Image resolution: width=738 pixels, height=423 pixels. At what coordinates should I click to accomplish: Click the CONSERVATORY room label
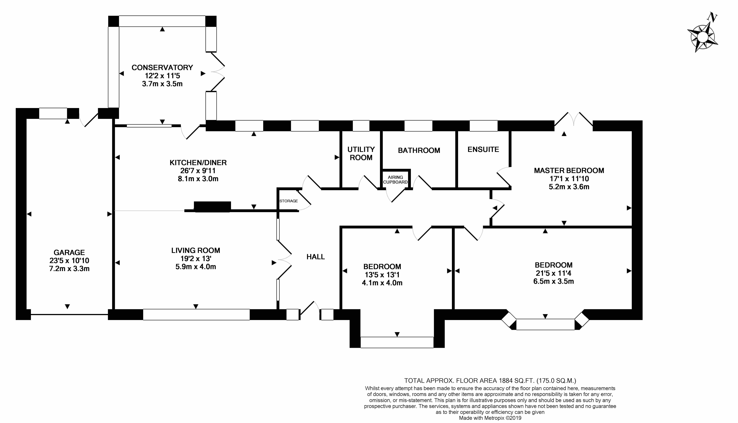(x=162, y=67)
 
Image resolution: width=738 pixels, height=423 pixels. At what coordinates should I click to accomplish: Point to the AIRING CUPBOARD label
(x=395, y=179)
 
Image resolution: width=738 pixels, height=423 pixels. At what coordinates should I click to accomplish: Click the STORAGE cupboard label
(x=288, y=201)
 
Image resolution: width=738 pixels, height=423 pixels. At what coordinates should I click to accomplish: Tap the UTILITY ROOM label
(x=361, y=153)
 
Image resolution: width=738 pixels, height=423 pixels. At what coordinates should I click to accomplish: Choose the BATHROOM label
(x=419, y=150)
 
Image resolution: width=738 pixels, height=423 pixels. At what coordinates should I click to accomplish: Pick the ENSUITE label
(x=483, y=149)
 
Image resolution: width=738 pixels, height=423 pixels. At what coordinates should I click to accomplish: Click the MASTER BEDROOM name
(x=569, y=170)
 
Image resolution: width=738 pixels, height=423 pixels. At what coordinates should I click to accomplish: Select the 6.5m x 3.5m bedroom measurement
(x=553, y=281)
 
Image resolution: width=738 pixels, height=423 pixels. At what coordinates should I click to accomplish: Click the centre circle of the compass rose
(x=702, y=37)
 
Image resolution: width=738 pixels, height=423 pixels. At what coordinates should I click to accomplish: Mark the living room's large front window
(x=196, y=315)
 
